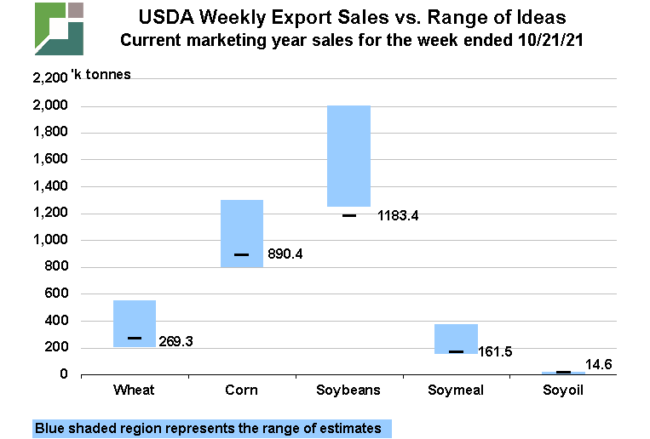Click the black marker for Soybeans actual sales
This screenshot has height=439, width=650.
click(349, 215)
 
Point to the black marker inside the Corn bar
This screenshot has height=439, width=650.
click(242, 254)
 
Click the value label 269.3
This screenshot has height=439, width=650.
click(176, 341)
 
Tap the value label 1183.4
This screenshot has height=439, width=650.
click(398, 216)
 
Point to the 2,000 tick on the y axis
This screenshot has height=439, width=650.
click(50, 105)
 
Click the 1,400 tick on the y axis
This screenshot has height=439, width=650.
click(50, 186)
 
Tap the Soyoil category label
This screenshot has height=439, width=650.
click(563, 391)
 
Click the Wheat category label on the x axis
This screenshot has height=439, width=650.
click(134, 391)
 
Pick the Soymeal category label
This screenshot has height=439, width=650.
click(456, 391)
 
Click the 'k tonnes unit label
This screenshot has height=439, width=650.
click(102, 74)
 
